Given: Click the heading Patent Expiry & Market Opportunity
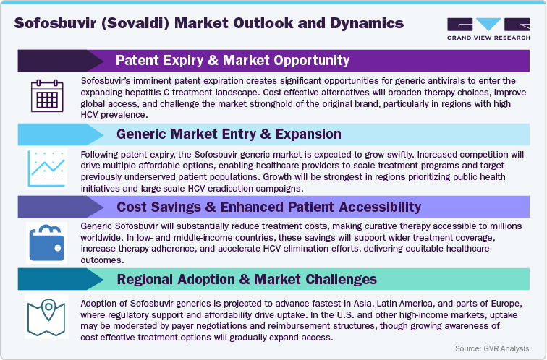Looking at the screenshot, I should click(232, 60).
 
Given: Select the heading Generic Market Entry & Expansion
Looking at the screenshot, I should click(229, 134).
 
